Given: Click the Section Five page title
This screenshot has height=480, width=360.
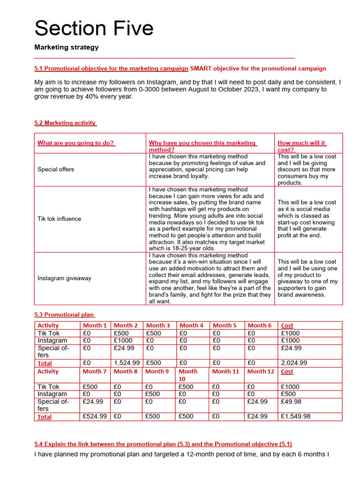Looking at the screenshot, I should click(94, 28).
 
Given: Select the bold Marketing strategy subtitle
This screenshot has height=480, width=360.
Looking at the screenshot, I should click(67, 47).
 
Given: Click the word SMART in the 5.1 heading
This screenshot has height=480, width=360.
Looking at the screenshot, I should click(200, 68).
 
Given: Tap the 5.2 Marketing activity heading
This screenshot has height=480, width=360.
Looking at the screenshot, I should click(65, 123).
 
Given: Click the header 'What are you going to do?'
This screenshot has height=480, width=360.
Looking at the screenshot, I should click(76, 143).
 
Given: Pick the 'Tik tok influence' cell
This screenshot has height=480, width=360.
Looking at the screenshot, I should click(59, 219).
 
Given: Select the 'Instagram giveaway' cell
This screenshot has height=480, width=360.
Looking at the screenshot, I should click(64, 278).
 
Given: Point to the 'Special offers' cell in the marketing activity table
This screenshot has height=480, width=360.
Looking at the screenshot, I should click(56, 169).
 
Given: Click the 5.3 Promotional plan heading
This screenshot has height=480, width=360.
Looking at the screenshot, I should click(65, 315).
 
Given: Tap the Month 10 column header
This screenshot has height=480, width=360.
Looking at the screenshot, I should click(188, 375).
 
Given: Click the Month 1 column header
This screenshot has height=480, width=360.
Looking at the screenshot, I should click(95, 325).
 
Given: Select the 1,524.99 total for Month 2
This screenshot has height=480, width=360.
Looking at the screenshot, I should click(127, 363).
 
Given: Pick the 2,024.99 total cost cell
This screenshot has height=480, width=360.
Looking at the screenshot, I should click(294, 363).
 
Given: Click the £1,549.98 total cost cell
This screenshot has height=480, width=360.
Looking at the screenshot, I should click(295, 416).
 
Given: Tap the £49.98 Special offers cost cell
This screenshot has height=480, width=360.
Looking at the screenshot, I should click(291, 402).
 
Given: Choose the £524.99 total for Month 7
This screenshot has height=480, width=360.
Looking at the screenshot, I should click(95, 416).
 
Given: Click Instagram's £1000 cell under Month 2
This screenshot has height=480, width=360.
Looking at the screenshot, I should click(123, 340).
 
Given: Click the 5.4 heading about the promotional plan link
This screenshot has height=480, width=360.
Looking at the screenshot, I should click(163, 444).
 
